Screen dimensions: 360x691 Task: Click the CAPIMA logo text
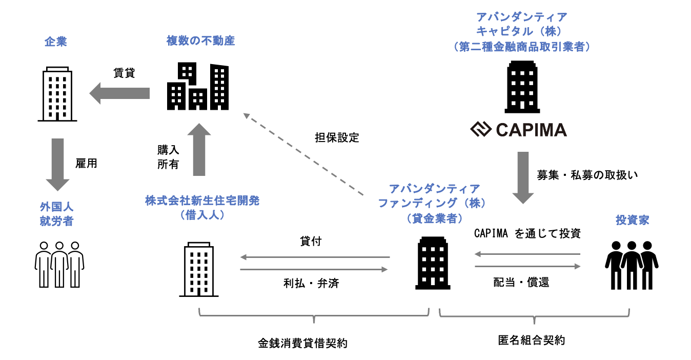(518, 130)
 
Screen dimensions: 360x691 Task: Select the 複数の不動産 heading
(200, 41)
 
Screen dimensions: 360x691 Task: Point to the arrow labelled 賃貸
(119, 93)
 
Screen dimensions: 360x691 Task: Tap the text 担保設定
(337, 137)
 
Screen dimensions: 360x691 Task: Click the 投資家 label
(632, 220)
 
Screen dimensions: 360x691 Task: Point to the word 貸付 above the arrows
(311, 241)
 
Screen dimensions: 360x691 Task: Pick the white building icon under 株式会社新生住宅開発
(199, 270)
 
